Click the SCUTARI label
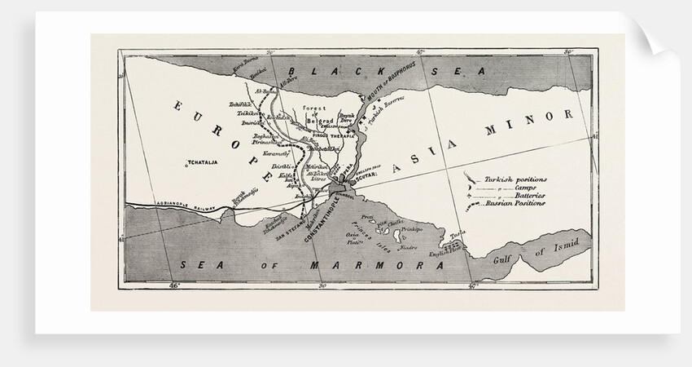(x=368, y=173)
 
